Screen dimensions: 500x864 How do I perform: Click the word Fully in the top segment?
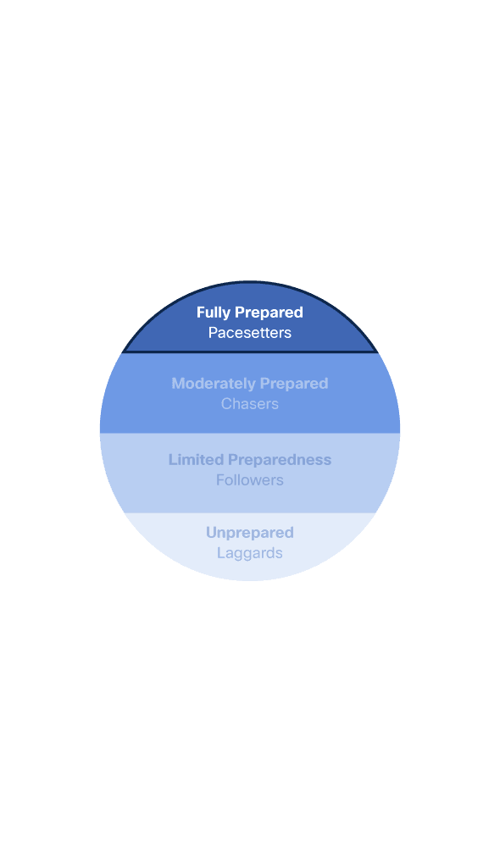click(x=213, y=313)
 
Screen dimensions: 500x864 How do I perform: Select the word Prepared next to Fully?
click(x=269, y=313)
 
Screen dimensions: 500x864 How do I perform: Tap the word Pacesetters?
click(x=250, y=333)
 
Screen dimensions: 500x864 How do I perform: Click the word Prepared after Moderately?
click(x=294, y=384)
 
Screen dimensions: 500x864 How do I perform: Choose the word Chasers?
click(x=250, y=404)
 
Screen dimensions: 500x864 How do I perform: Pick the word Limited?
click(x=197, y=460)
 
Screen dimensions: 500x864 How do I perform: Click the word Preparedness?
click(x=280, y=461)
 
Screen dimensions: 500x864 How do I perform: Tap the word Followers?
click(x=250, y=480)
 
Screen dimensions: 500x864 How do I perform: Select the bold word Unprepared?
click(x=250, y=534)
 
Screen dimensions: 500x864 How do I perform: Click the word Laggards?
click(x=250, y=554)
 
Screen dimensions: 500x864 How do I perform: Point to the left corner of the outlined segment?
click(x=123, y=352)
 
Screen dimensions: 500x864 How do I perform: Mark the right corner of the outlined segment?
click(x=377, y=352)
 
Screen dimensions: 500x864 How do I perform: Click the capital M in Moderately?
click(x=177, y=384)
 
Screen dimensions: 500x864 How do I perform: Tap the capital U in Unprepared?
click(x=211, y=533)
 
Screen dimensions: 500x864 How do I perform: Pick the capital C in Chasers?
click(x=226, y=404)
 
